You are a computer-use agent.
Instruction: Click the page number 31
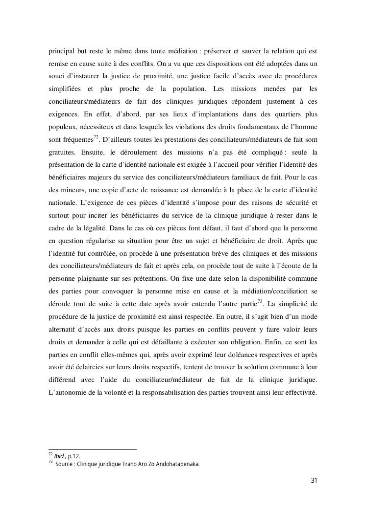coord(314,480)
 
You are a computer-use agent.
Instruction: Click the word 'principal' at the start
coord(60,51)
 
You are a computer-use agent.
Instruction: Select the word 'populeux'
coord(62,127)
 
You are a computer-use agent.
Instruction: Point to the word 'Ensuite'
coord(93,153)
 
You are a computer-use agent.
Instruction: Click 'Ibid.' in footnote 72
coord(60,456)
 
